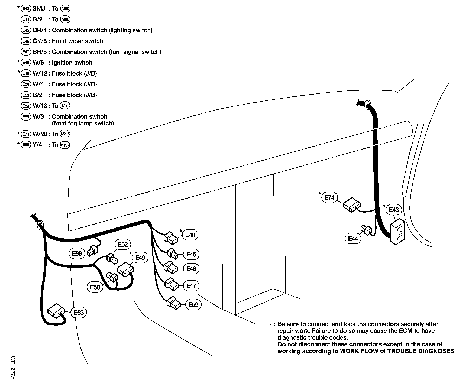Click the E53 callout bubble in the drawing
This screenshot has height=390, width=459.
click(79, 313)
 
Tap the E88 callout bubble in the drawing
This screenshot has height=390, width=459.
click(77, 253)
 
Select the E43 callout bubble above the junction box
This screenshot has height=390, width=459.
click(394, 210)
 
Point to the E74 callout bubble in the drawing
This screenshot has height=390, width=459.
click(329, 197)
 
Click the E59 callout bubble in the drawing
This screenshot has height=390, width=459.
click(193, 305)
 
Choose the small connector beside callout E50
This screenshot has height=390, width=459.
click(112, 277)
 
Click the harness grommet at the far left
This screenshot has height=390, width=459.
click(40, 225)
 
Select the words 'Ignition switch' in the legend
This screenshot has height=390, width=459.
click(72, 63)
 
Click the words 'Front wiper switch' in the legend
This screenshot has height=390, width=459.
click(77, 41)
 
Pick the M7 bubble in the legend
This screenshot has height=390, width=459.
click(64, 106)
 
